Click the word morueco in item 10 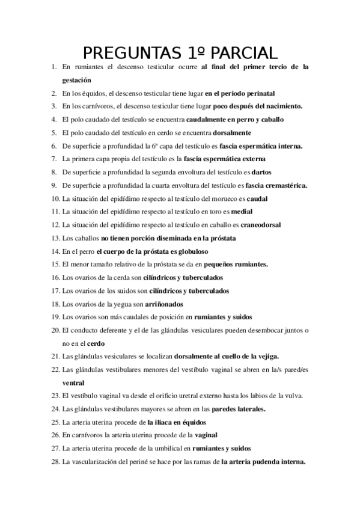(x=229, y=198)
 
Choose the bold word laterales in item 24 (x=250, y=409)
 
